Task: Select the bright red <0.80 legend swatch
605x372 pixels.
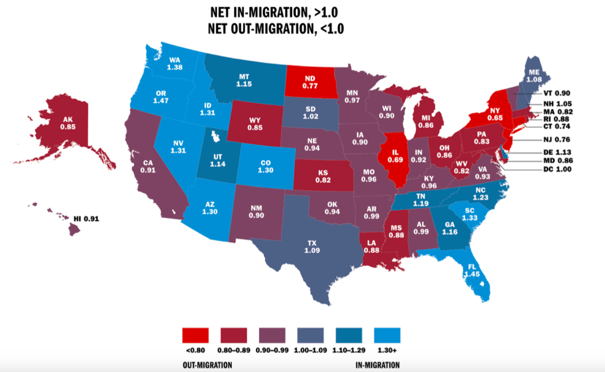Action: [x=195, y=335]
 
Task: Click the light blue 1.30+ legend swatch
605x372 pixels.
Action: [x=387, y=335]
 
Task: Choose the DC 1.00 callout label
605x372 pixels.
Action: [x=556, y=169]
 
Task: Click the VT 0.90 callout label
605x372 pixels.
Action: [x=556, y=93]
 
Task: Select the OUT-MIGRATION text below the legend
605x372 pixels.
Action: [x=208, y=365]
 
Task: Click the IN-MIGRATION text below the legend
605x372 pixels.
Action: [x=378, y=365]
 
